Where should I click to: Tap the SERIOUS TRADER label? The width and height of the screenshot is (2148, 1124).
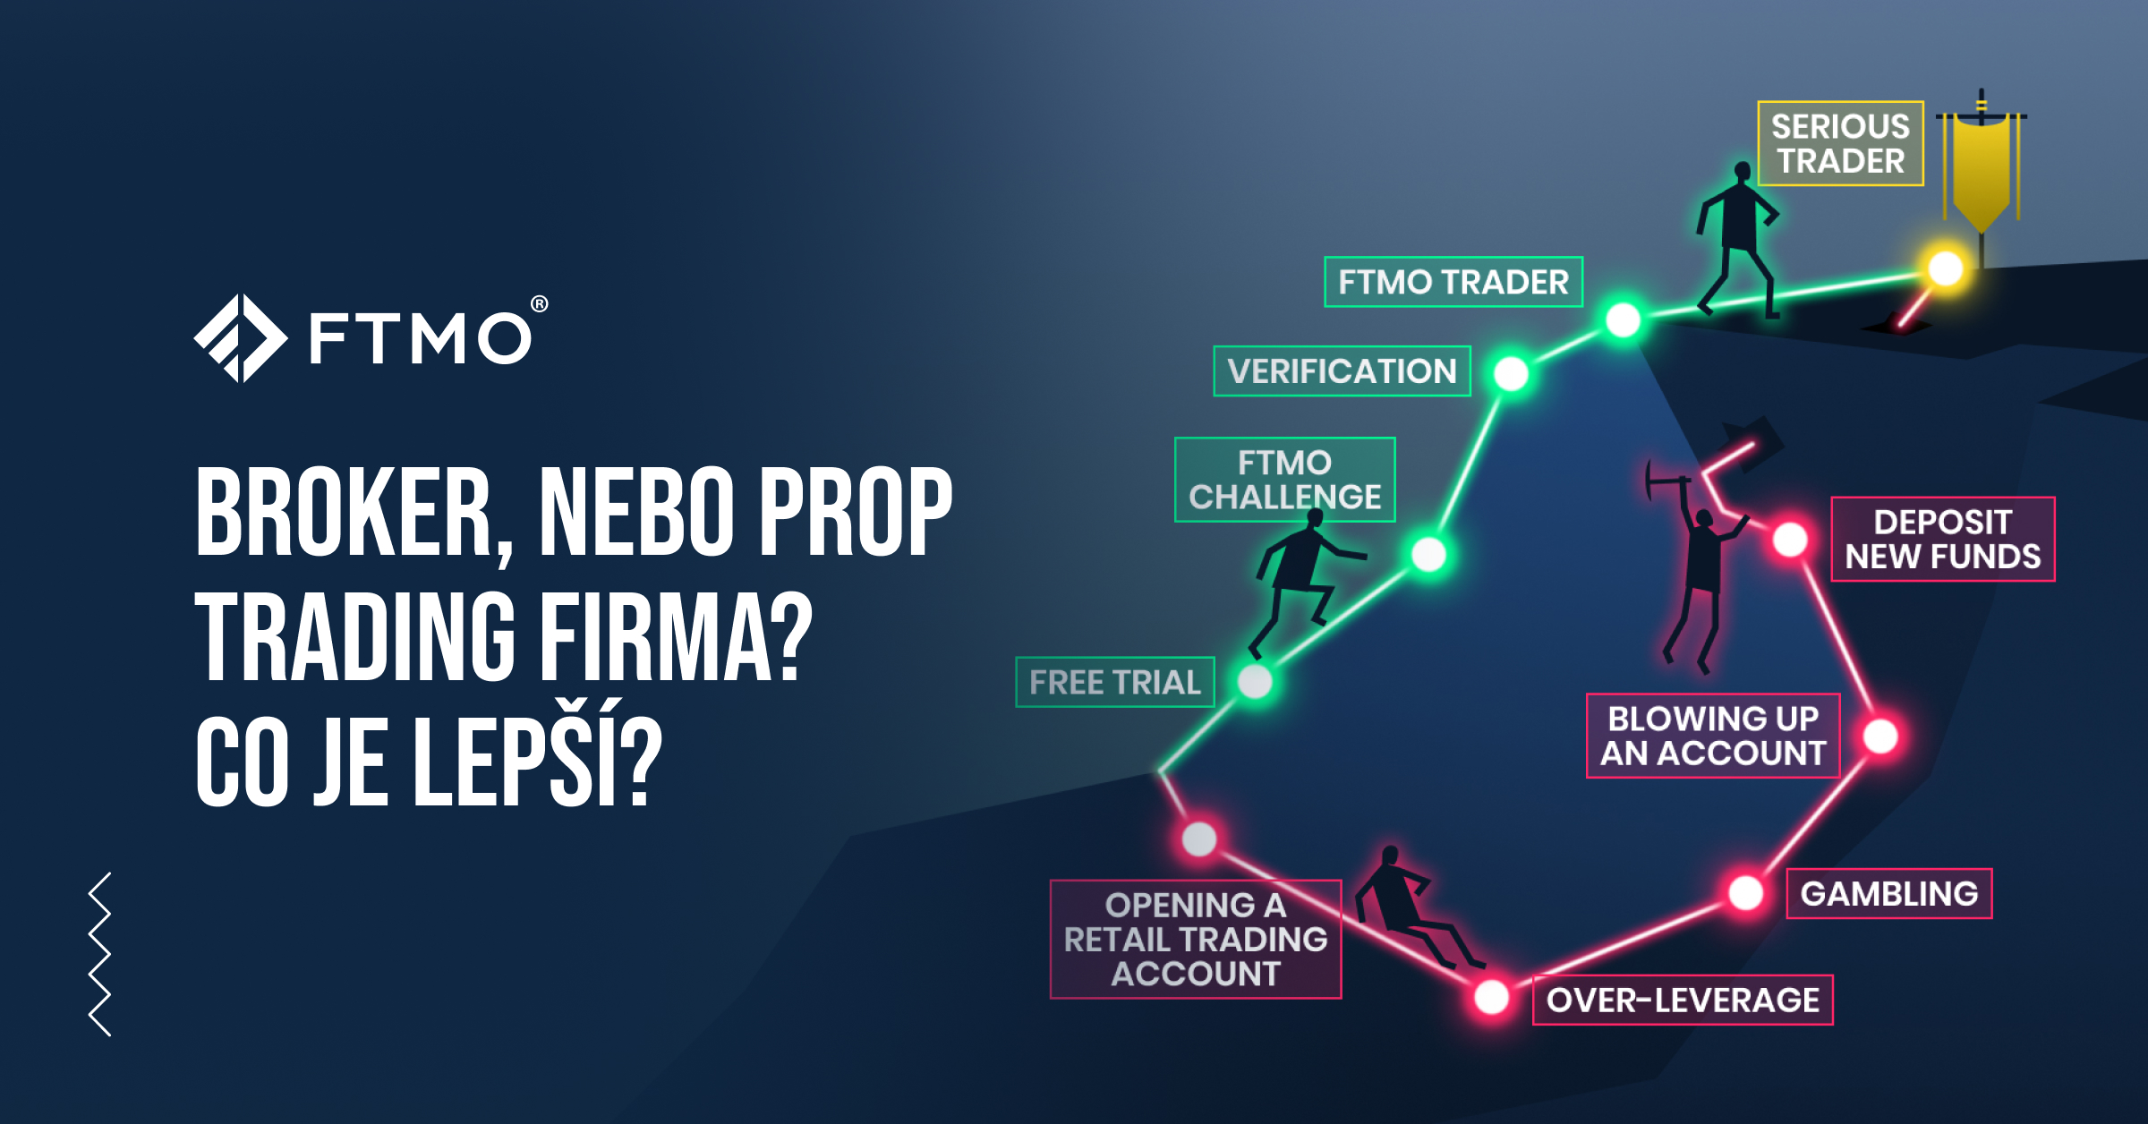pyautogui.click(x=1840, y=144)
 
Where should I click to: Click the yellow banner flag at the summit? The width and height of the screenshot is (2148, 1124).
pyautogui.click(x=1982, y=175)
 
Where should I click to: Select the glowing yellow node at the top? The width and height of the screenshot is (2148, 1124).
pyautogui.click(x=1945, y=268)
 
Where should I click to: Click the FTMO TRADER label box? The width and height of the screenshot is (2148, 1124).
pyautogui.click(x=1453, y=282)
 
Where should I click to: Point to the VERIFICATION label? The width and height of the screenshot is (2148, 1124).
pyautogui.click(x=1342, y=370)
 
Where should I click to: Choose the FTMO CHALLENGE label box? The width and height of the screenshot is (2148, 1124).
pyautogui.click(x=1284, y=480)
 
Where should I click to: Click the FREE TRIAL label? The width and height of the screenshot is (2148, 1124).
pyautogui.click(x=1114, y=682)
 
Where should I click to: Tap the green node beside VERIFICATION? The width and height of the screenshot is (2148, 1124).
pyautogui.click(x=1511, y=373)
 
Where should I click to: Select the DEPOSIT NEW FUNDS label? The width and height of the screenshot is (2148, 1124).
pyautogui.click(x=1942, y=539)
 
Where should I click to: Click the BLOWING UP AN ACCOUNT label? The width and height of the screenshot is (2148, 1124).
pyautogui.click(x=1712, y=736)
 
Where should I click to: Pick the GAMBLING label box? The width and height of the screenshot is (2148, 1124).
pyautogui.click(x=1888, y=893)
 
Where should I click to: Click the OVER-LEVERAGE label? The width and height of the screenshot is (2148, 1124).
pyautogui.click(x=1682, y=1000)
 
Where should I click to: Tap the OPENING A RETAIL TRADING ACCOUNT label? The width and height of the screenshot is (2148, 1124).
pyautogui.click(x=1195, y=939)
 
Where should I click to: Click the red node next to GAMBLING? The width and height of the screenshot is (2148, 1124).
pyautogui.click(x=1745, y=892)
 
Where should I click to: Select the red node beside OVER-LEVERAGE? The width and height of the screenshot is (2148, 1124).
pyautogui.click(x=1491, y=997)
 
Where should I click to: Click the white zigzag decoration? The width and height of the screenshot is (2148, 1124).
pyautogui.click(x=100, y=954)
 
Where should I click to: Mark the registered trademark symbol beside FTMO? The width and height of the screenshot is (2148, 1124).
pyautogui.click(x=539, y=304)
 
